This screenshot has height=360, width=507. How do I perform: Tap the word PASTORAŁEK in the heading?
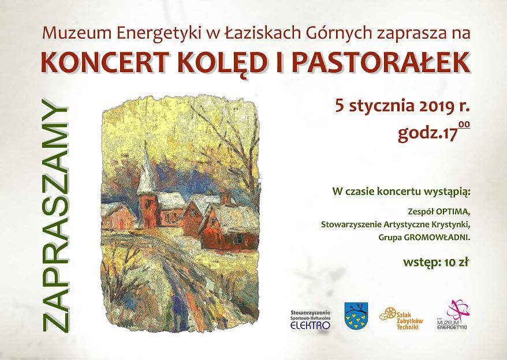(x=381, y=62)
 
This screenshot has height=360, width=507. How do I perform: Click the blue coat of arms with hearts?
(x=356, y=316)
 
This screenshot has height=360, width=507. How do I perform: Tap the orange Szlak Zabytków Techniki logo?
(x=401, y=318)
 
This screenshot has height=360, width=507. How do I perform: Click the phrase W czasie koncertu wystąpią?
(x=400, y=192)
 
